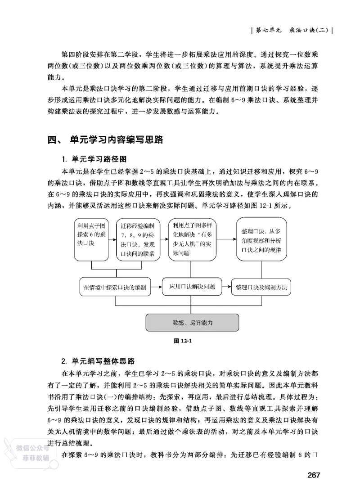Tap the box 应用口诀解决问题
coord(192,286)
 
